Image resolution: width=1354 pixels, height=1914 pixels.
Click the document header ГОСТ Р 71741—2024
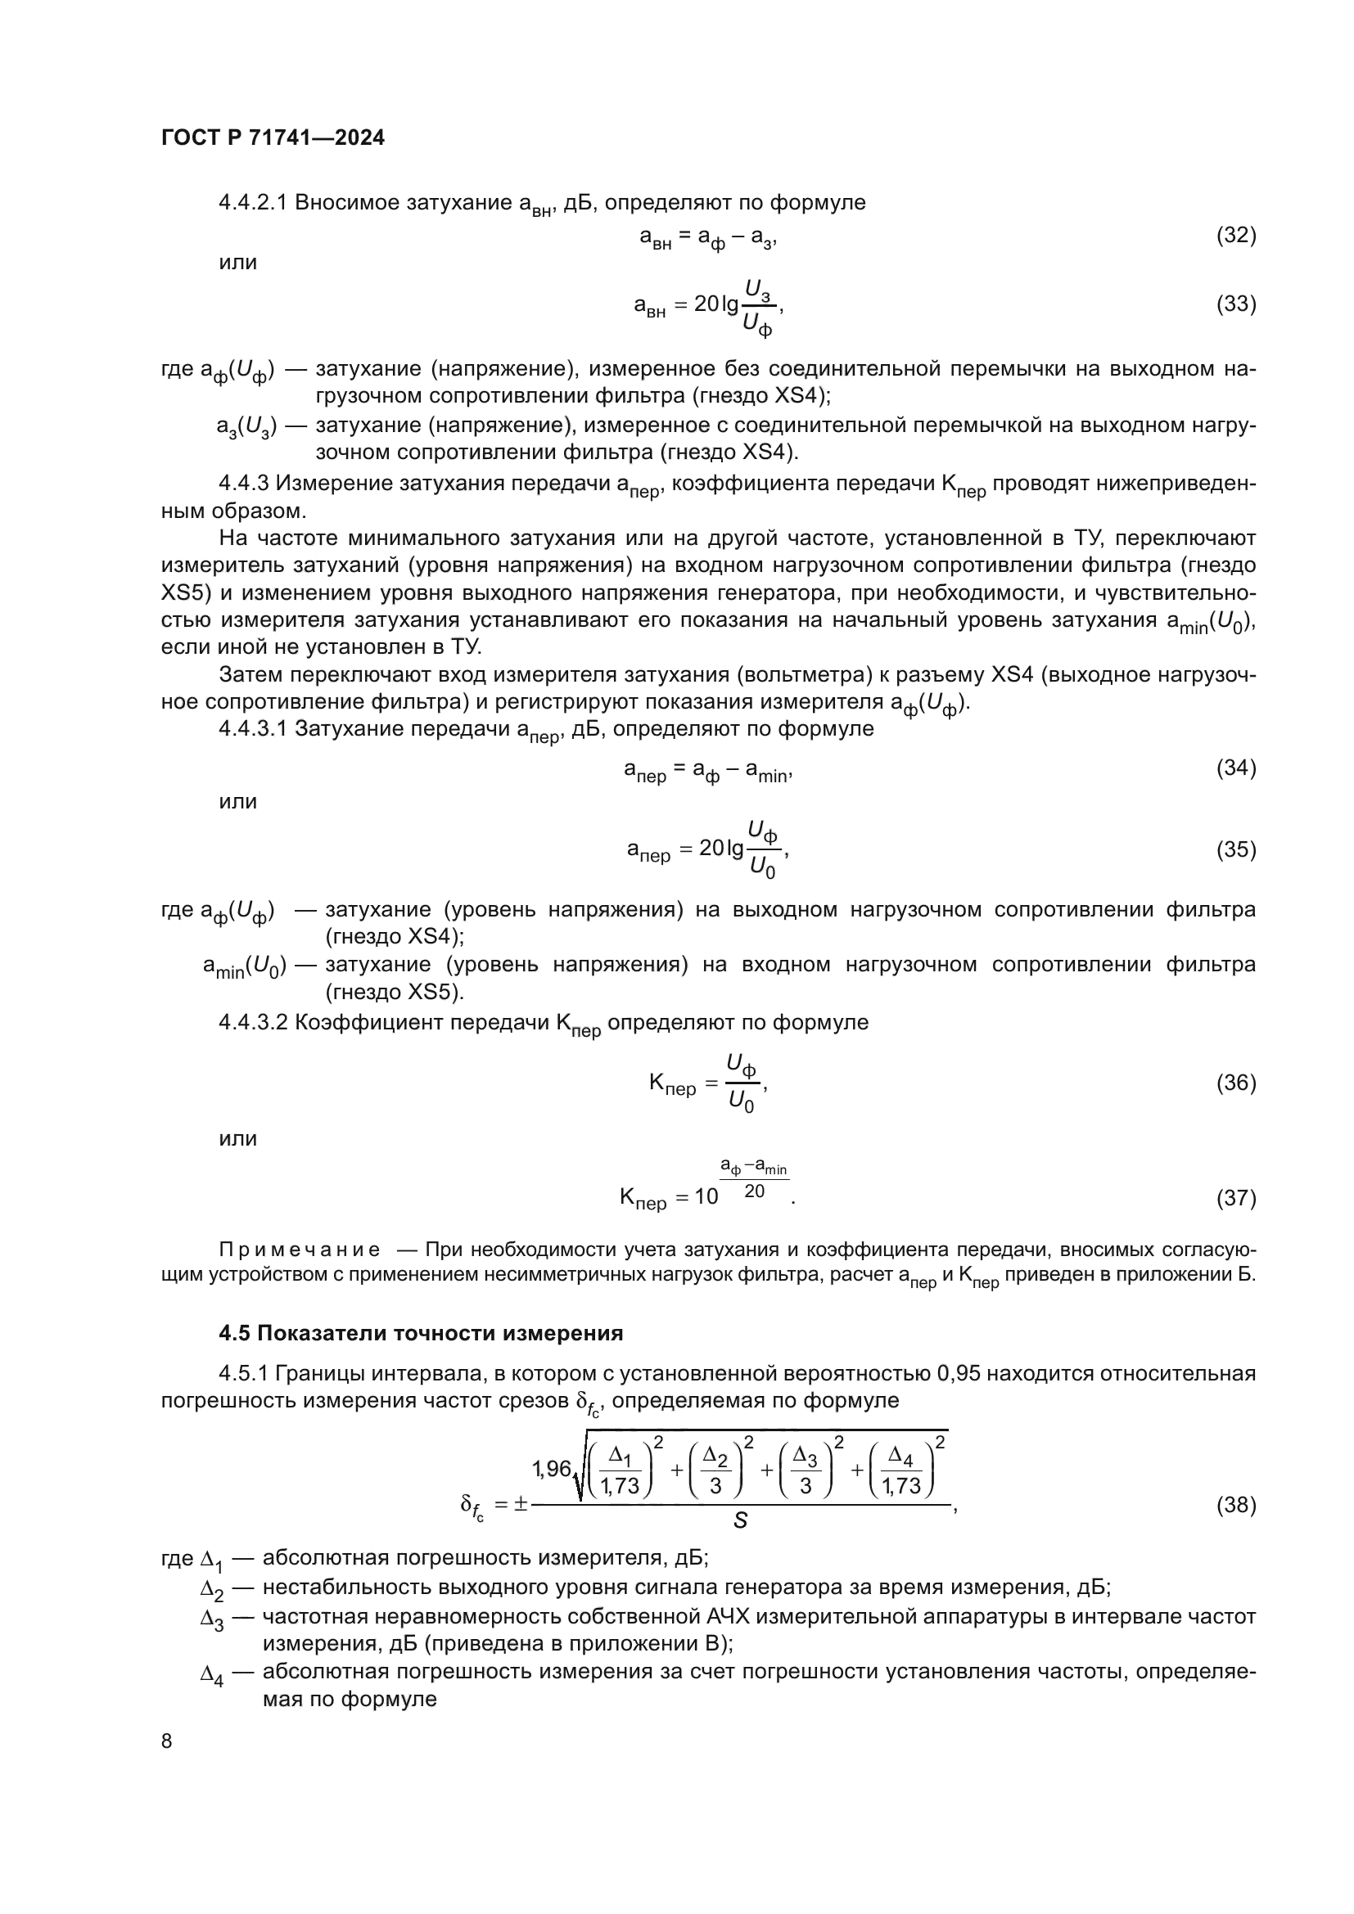pyautogui.click(x=273, y=137)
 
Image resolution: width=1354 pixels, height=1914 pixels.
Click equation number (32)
pyautogui.click(x=1235, y=236)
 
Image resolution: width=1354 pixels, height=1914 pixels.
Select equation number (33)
pyautogui.click(x=1235, y=304)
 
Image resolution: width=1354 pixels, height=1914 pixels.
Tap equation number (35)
pyautogui.click(x=1235, y=849)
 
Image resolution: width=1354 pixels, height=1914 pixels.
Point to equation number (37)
pyautogui.click(x=1235, y=1198)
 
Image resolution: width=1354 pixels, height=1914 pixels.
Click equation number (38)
pyautogui.click(x=1235, y=1505)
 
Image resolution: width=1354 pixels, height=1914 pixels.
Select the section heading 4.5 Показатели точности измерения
pyautogui.click(x=420, y=1333)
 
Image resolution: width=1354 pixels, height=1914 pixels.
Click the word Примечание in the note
pyautogui.click(x=300, y=1250)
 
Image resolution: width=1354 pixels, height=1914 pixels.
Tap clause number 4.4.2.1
pyautogui.click(x=253, y=203)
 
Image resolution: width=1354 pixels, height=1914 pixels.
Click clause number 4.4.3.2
pyautogui.click(x=253, y=1023)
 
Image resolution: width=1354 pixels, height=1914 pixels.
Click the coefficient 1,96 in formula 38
pyautogui.click(x=551, y=1470)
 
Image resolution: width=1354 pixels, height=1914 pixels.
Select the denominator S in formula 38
pyautogui.click(x=739, y=1521)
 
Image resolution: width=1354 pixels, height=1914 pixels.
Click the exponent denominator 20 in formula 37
pyautogui.click(x=754, y=1192)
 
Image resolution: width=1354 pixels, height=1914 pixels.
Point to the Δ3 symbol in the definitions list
pyautogui.click(x=212, y=1619)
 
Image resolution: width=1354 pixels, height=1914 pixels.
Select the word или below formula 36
pyautogui.click(x=237, y=1139)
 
